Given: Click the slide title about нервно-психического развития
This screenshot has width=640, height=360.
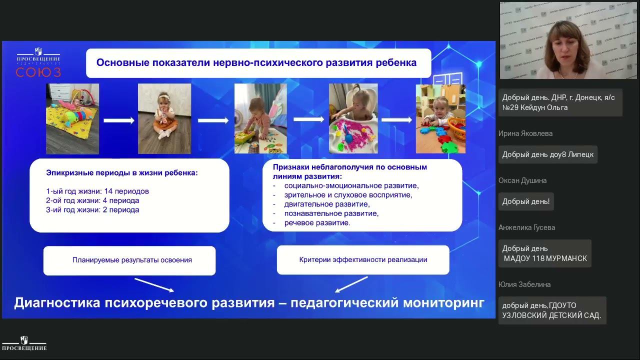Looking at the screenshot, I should tap(256, 63).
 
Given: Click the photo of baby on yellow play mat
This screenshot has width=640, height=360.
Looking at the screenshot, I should tap(72, 118).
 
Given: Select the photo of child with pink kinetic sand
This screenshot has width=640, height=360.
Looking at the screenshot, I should tap(353, 118).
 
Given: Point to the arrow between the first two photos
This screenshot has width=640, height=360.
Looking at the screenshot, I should tap(119, 120).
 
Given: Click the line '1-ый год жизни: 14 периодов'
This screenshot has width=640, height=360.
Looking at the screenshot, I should tap(97, 191).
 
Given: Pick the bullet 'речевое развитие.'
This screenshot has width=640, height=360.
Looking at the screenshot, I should tap(317, 222).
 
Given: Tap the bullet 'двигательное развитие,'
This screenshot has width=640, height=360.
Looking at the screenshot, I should tap(327, 204).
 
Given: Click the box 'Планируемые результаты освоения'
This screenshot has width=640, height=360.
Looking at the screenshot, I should tap(129, 260).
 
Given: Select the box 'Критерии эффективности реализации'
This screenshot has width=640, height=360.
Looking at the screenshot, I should tap(363, 259).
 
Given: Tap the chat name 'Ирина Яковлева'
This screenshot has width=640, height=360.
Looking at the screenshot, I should tap(525, 133).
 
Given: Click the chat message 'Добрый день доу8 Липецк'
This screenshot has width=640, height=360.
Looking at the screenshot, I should tap(547, 154).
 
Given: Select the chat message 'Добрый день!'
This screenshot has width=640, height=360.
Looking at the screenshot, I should tap(526, 201).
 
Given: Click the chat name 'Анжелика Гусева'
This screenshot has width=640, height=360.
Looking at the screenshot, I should tap(526, 227).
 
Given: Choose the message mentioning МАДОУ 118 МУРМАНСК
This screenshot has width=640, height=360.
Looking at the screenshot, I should tap(544, 253).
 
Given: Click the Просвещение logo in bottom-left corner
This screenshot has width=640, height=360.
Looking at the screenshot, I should tap(23, 343).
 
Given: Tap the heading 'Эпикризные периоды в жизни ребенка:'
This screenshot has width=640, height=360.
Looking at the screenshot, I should tap(122, 172).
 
